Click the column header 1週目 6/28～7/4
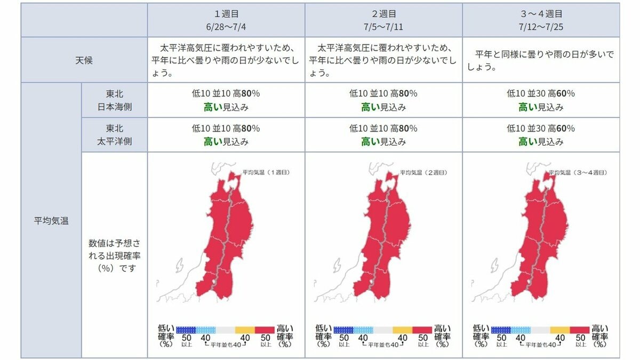[226, 20]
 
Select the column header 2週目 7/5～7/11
[383, 20]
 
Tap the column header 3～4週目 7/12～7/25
[541, 20]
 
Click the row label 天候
[84, 60]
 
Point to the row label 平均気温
[51, 220]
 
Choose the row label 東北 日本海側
[114, 100]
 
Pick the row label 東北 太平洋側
[114, 135]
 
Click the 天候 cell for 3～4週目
[541, 61]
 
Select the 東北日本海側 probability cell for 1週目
[226, 100]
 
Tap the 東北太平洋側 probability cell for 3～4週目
[541, 135]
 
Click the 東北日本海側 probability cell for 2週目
[383, 100]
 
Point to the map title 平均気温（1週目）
[266, 173]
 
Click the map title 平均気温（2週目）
[423, 173]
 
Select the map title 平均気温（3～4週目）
[578, 173]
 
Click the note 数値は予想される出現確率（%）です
[114, 255]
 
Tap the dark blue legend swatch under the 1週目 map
[186, 330]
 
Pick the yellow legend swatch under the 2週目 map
[402, 330]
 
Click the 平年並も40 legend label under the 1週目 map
[226, 345]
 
